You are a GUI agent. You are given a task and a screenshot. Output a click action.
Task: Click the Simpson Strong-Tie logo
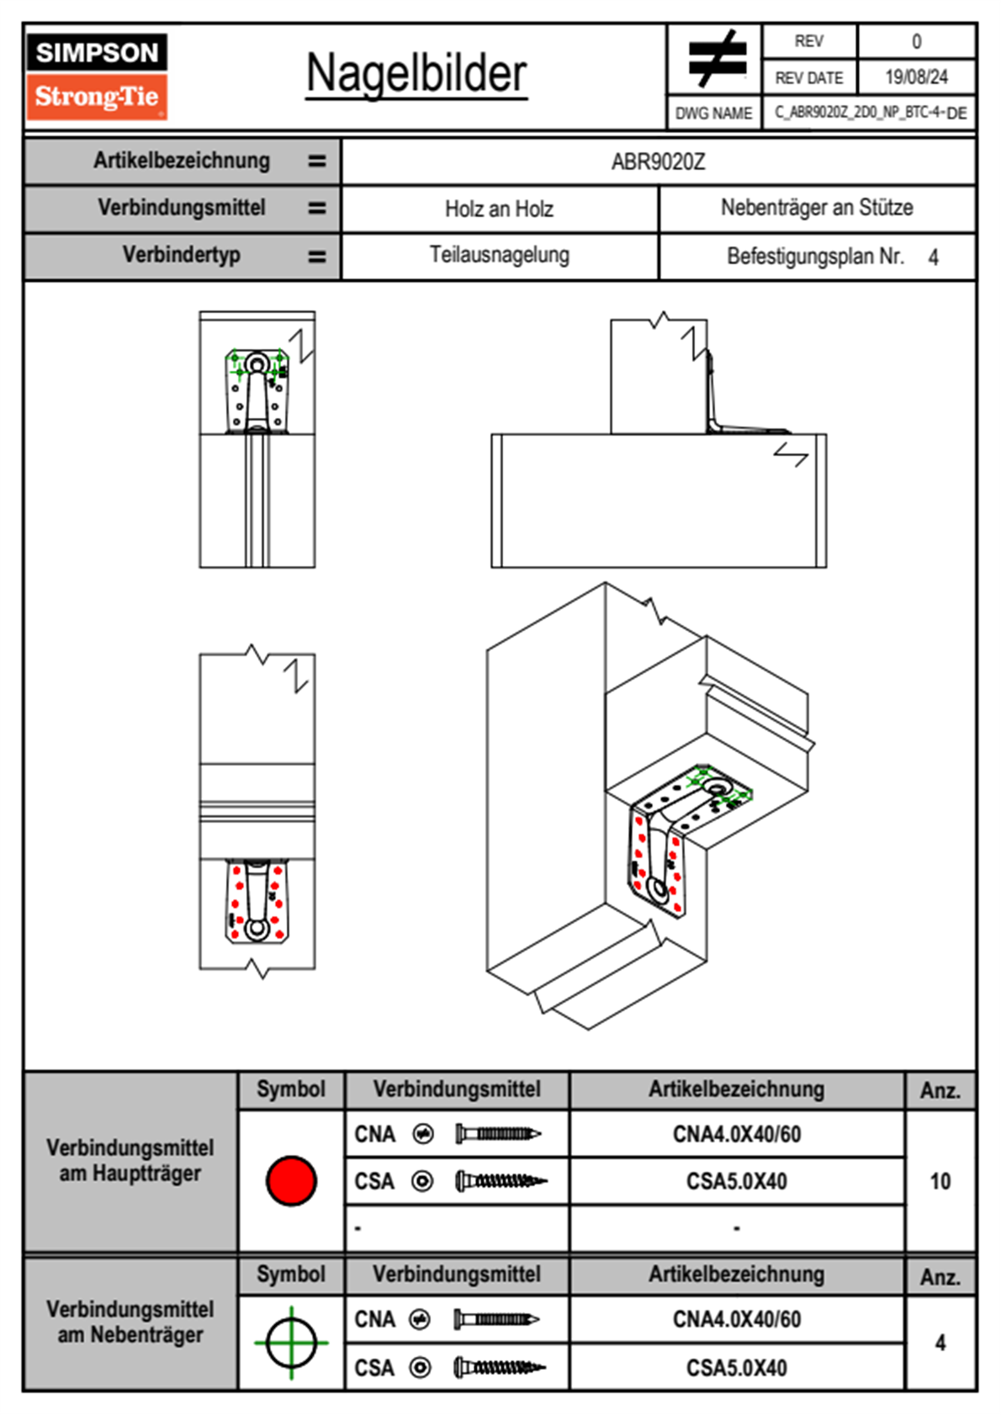[x=96, y=76]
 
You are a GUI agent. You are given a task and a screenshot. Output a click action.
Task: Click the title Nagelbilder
[x=416, y=73]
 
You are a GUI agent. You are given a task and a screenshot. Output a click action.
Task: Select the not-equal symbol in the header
[x=717, y=59]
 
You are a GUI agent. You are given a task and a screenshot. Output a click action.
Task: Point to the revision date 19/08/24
[x=916, y=77]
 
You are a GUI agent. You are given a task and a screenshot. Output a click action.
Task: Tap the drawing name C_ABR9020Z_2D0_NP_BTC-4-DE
[x=870, y=113]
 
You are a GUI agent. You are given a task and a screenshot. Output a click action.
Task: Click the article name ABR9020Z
[x=658, y=162]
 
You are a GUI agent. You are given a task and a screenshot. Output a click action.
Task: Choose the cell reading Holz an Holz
[x=499, y=209]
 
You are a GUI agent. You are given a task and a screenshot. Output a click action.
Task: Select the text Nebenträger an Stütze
[x=816, y=208]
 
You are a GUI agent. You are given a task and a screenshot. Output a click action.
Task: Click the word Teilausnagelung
[x=499, y=255]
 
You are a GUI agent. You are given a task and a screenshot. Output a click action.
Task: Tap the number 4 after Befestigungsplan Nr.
[x=933, y=257]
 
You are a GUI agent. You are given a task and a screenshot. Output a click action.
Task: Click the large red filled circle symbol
[x=291, y=1180]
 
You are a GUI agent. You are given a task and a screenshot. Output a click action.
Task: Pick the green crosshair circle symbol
[x=291, y=1342]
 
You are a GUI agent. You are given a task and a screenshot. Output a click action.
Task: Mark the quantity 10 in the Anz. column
[x=940, y=1181]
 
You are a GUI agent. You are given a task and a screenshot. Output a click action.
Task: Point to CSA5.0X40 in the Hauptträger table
[x=736, y=1182]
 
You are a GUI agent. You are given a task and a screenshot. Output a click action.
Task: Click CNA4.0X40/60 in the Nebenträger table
[x=736, y=1319]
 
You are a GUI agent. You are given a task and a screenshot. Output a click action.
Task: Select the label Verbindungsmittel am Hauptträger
[x=130, y=1160]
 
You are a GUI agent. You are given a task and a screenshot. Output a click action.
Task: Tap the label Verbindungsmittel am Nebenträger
[x=130, y=1322]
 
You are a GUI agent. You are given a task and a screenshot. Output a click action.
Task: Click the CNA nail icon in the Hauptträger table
[x=497, y=1134]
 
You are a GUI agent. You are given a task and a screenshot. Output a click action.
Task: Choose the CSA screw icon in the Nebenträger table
[x=499, y=1368]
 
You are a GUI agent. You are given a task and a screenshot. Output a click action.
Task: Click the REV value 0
[x=916, y=41]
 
